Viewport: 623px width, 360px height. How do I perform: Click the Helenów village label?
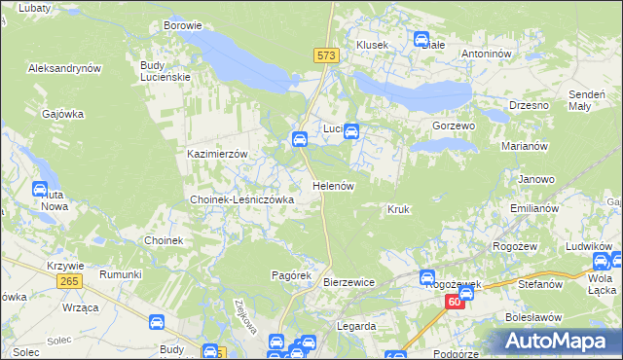coord(332,185)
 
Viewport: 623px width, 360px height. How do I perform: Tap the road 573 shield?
coord(326,57)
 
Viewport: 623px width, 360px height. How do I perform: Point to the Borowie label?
coord(183,25)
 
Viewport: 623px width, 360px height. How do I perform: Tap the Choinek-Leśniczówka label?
coord(241,199)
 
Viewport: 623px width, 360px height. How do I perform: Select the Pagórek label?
coord(290,276)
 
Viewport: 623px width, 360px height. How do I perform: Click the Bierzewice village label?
coord(348,282)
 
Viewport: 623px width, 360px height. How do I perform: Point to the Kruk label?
coord(399,209)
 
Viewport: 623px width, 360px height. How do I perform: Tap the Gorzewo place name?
coord(453,126)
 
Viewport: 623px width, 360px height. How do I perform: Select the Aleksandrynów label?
coord(65,69)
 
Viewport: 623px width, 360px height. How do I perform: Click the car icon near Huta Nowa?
coord(41,190)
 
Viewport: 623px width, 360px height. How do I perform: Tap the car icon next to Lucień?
coord(351,132)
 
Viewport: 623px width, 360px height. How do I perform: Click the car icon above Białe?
coord(422,40)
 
